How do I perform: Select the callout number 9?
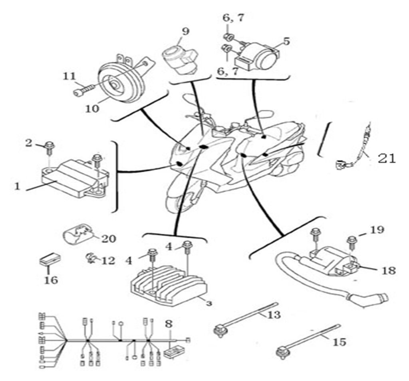(185, 31)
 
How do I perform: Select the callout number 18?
(388, 270)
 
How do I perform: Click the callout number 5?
(286, 41)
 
